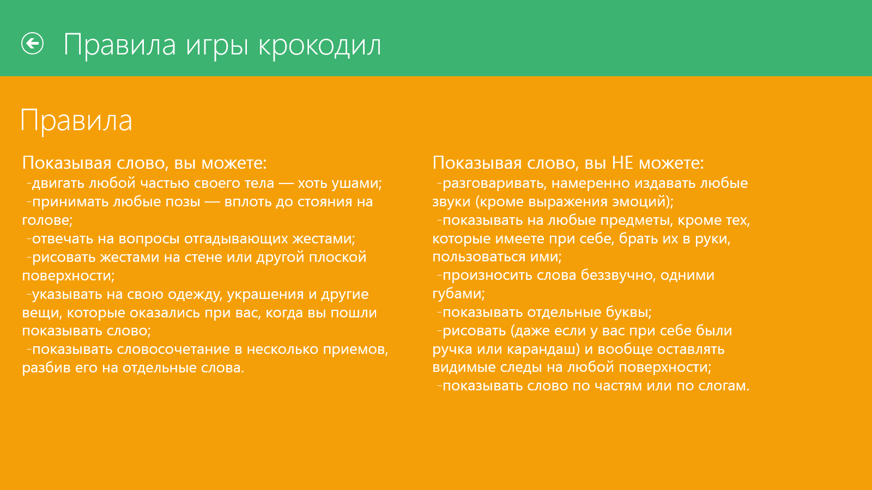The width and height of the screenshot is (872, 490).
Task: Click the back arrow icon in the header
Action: click(32, 43)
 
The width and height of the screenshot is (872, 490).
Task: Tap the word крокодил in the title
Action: click(319, 46)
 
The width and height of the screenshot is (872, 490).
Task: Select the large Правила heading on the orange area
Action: click(76, 121)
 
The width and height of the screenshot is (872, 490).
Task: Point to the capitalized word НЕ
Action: click(622, 163)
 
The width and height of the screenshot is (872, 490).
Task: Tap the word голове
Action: click(46, 220)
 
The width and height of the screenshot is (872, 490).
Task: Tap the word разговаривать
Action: click(493, 183)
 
